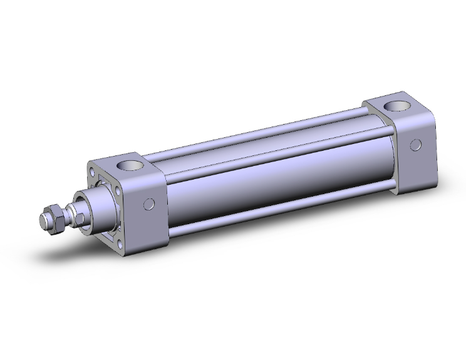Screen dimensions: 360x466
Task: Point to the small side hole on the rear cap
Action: pos(415,145)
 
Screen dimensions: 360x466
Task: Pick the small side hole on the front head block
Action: pos(149,203)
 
